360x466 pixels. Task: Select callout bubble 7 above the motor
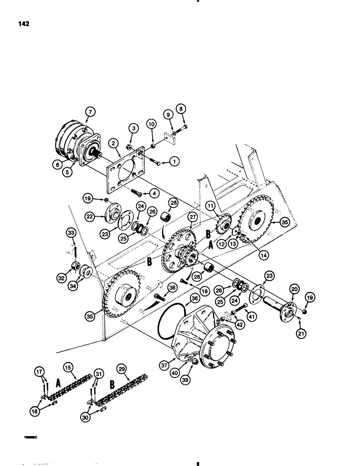90,111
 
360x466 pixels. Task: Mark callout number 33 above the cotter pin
71,232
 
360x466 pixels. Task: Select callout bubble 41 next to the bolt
252,317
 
